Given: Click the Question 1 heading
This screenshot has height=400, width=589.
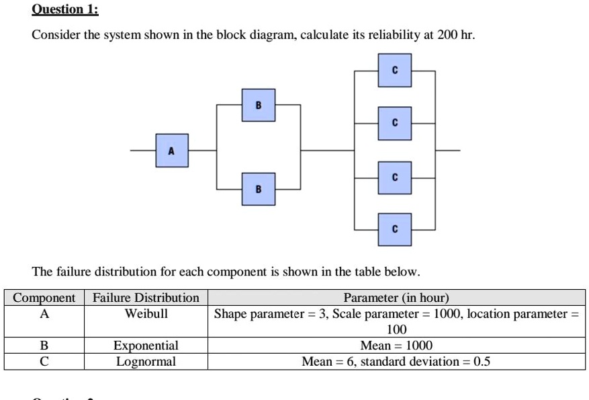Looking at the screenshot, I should (65, 10).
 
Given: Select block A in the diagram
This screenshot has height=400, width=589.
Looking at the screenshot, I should (172, 151).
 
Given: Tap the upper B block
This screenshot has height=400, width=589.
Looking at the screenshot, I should (259, 106).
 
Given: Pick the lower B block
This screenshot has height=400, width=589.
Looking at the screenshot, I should (259, 190).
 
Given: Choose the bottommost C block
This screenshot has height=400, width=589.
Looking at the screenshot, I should (394, 229).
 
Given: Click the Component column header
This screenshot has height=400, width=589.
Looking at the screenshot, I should (44, 297).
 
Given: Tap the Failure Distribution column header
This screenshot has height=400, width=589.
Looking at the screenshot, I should (146, 297).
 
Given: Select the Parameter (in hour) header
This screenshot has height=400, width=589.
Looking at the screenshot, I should (396, 297).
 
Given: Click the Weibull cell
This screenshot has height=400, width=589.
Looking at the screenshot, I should (146, 313).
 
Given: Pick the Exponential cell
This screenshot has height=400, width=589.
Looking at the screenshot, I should (146, 346).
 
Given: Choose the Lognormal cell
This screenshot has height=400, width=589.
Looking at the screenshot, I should (146, 362).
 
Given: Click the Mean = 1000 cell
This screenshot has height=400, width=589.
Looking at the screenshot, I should (396, 346).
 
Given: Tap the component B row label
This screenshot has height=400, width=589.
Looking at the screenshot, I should (44, 346).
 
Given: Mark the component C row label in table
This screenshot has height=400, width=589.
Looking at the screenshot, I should (44, 362).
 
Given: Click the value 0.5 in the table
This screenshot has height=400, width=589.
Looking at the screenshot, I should (482, 362).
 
